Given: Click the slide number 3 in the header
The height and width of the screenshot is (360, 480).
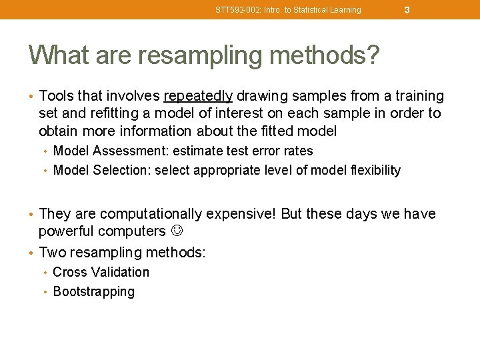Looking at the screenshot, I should (407, 10).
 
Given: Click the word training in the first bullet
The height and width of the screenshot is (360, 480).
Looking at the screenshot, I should (418, 96).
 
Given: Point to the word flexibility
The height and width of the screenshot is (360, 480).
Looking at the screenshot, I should (371, 170).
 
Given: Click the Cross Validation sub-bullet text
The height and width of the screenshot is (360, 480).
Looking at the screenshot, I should (101, 272).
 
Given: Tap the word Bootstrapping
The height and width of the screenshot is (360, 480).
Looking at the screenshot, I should (93, 291).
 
